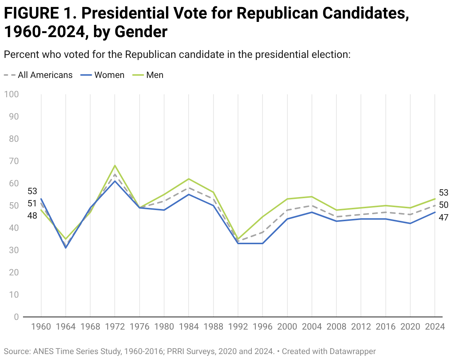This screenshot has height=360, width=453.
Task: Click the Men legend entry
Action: point(148,75)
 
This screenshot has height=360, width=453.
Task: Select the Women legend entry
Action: point(102,75)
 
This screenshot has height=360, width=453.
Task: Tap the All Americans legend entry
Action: point(38,75)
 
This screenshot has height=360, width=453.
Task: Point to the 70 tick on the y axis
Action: point(14,161)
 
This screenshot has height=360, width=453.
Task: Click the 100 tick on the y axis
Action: point(12,94)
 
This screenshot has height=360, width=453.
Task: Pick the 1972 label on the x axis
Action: point(115,327)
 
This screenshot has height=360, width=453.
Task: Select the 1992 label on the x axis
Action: point(238,327)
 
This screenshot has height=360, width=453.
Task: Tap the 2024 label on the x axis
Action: point(435,327)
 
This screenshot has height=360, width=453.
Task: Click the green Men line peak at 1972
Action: point(115,166)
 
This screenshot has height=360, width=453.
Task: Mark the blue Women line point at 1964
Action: point(66,248)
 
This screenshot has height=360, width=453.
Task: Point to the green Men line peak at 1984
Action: point(189,179)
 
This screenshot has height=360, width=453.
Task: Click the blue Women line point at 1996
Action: point(263,243)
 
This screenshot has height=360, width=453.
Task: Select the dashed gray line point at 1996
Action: point(263,232)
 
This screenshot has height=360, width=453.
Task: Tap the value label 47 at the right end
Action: point(443,217)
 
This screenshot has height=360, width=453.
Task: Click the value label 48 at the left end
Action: point(32,216)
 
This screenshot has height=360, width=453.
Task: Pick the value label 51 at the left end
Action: point(32,203)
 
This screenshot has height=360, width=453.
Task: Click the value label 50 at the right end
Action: point(443,205)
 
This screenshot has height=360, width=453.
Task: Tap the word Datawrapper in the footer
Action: point(353,351)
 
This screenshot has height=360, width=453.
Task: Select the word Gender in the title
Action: point(141,32)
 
